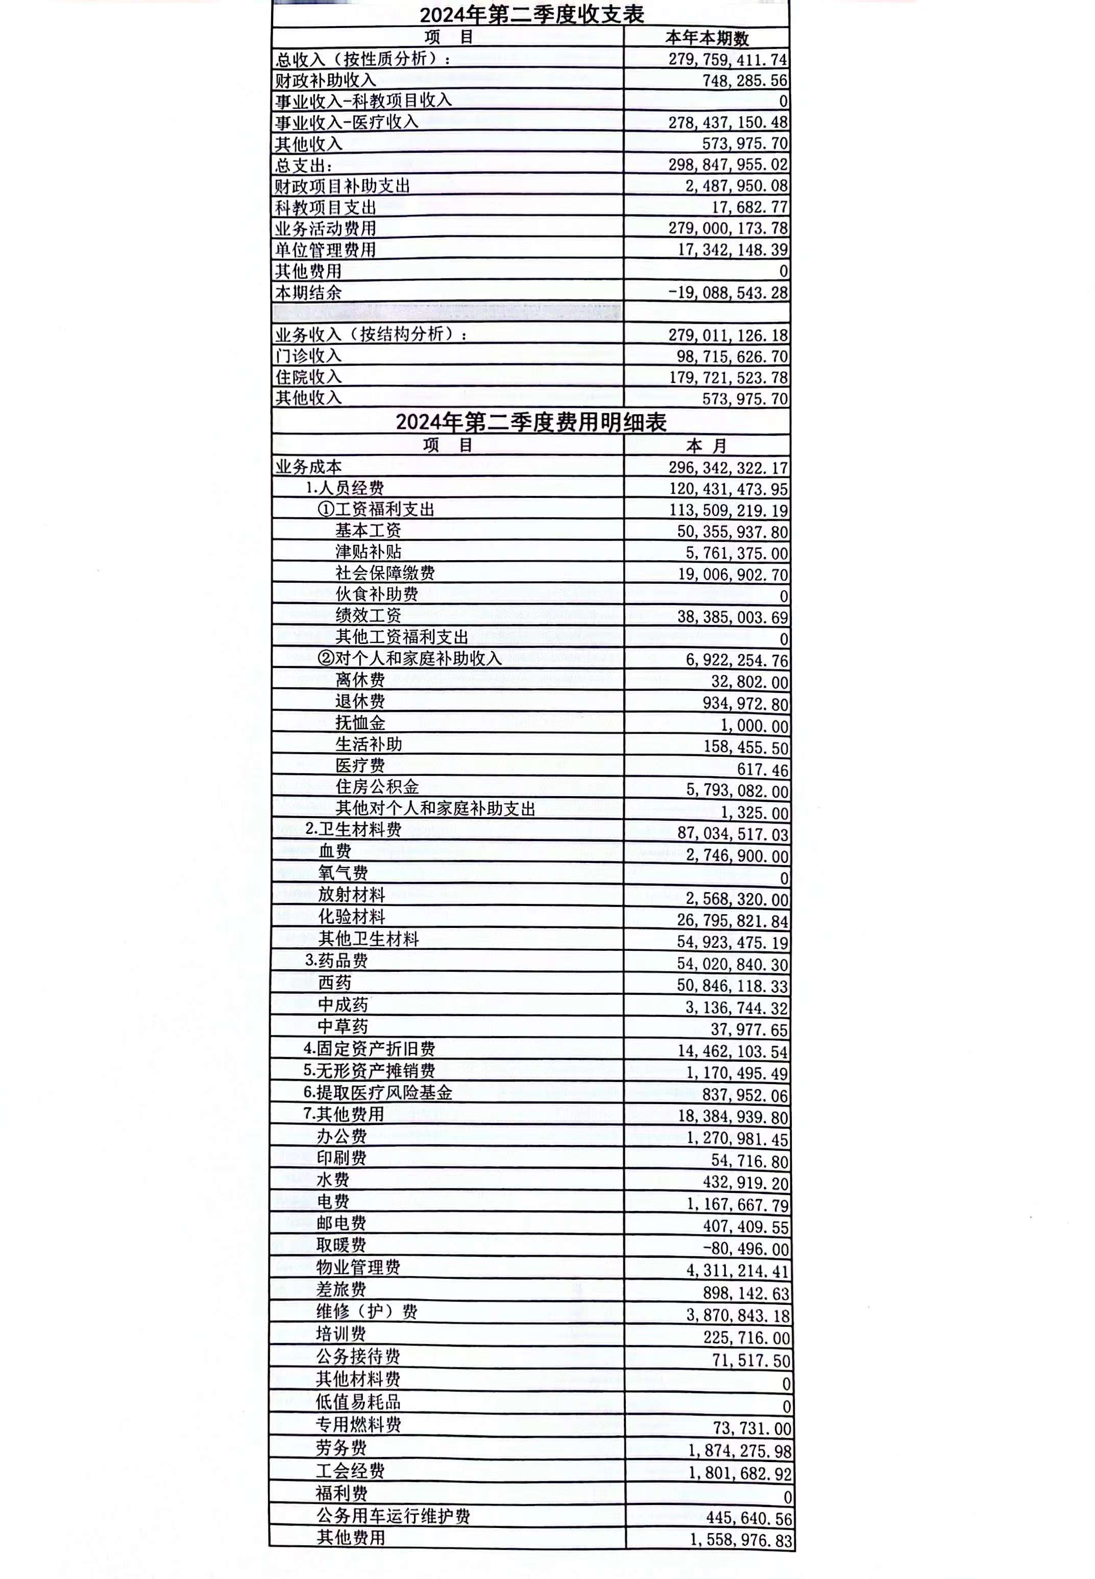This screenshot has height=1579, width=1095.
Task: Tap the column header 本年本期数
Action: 707,38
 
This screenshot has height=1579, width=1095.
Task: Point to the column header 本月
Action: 707,446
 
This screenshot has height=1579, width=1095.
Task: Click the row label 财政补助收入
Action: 326,80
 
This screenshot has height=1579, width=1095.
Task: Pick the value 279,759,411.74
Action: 728,60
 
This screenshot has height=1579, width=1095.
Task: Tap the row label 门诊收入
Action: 309,356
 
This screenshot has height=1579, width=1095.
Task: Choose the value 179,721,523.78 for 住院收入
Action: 728,377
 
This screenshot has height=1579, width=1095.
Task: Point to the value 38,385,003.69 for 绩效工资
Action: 733,617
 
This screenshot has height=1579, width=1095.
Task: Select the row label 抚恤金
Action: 360,723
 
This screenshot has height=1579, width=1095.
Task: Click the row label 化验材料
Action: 352,917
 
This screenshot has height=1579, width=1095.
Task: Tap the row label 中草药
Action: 343,1026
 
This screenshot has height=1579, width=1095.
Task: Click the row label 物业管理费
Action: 358,1267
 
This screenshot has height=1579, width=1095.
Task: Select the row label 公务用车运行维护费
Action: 393,1516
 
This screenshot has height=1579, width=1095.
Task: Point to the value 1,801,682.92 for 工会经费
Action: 740,1473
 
